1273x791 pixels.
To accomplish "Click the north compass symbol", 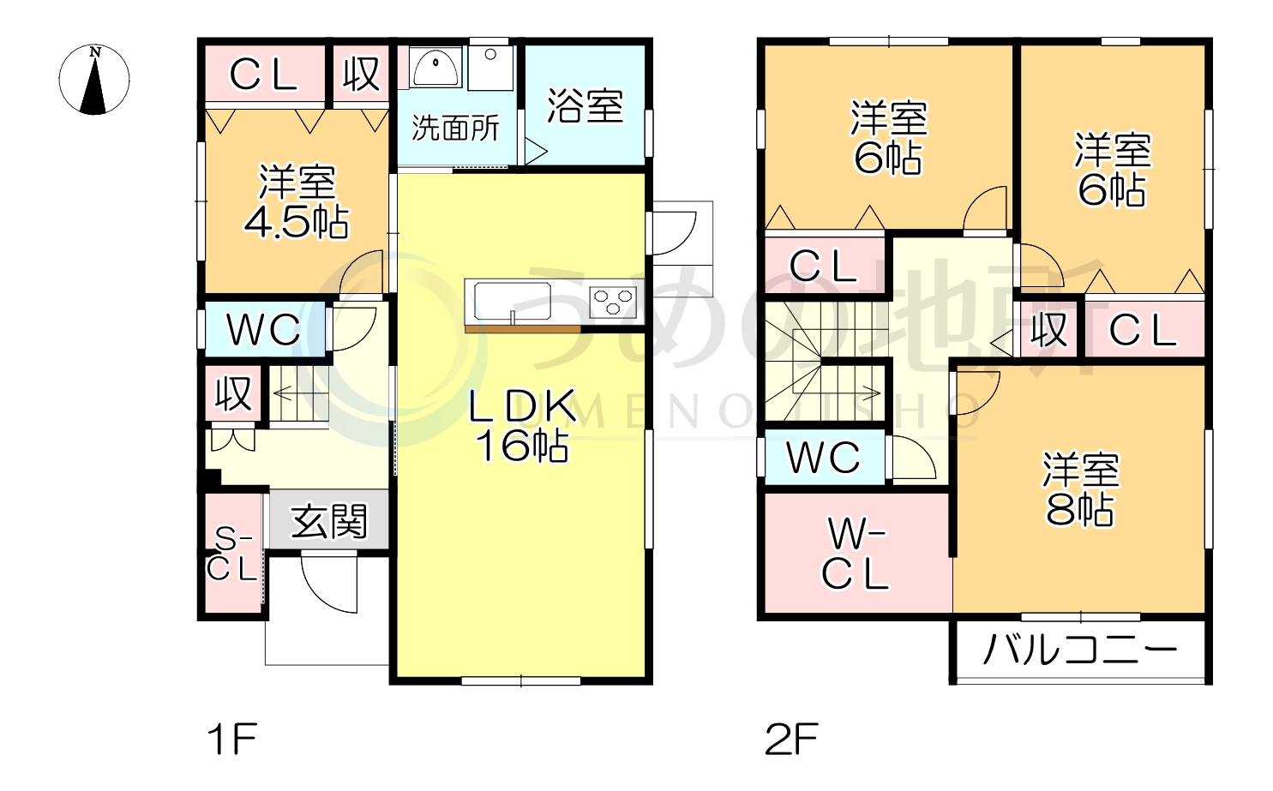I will click(x=94, y=80).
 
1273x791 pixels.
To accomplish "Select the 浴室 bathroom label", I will click(x=585, y=105).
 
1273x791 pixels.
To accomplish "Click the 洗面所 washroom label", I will click(x=455, y=128).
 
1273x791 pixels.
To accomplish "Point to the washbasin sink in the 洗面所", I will click(x=435, y=66).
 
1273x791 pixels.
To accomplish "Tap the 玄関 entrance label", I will click(x=329, y=521).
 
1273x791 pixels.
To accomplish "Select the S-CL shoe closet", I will click(x=233, y=554).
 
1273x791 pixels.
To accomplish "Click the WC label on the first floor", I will click(x=263, y=329).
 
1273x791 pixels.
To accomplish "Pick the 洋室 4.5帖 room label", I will click(x=297, y=202).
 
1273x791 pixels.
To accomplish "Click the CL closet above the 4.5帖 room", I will click(x=263, y=75).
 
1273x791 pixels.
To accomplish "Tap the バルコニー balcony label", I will click(x=1079, y=650).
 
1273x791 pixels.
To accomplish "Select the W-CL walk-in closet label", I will click(x=856, y=554).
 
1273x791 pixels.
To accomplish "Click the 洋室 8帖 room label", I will click(x=1080, y=488).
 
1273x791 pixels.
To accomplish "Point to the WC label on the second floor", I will click(x=823, y=458).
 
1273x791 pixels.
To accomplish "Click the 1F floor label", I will click(x=232, y=739).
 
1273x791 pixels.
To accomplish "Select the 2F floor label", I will click(x=790, y=739).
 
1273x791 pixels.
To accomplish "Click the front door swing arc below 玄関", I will click(x=330, y=583).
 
